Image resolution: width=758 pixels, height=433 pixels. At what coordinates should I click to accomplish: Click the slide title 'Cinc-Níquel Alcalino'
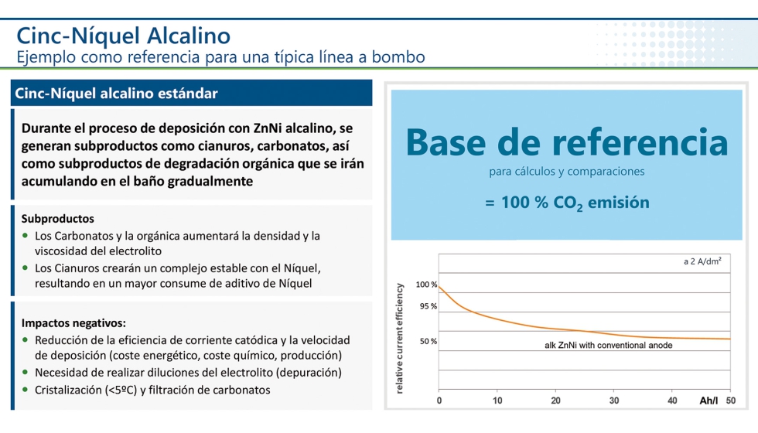(x=124, y=36)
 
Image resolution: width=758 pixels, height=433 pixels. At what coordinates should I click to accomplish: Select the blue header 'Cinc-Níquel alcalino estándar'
(x=116, y=94)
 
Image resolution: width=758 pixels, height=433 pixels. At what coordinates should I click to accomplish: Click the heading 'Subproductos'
(x=58, y=219)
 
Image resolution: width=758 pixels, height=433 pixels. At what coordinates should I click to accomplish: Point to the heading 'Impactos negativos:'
(x=73, y=322)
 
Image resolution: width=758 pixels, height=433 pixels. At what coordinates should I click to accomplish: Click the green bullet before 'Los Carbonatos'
(x=26, y=236)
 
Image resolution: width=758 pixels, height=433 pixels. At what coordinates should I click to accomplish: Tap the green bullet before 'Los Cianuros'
(x=26, y=268)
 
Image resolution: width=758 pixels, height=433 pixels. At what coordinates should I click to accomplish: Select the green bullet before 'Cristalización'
(x=26, y=390)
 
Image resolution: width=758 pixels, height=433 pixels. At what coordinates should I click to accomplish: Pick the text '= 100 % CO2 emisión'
(x=567, y=203)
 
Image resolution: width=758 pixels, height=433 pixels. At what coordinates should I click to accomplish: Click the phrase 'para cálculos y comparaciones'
(x=567, y=172)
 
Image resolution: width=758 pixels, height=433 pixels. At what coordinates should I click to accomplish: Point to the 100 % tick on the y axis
(x=426, y=285)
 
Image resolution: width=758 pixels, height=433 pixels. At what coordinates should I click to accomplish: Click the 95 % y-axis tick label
(x=429, y=306)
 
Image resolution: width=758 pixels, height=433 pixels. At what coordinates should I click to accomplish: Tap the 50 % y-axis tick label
(x=429, y=341)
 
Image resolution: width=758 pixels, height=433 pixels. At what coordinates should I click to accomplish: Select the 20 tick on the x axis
(x=555, y=401)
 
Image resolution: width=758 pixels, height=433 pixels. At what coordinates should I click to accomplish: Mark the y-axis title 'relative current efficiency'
(x=400, y=339)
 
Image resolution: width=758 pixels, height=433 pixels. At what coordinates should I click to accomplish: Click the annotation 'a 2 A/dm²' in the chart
(x=702, y=262)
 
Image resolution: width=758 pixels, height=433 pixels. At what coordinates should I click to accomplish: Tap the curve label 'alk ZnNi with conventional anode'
(x=609, y=346)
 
